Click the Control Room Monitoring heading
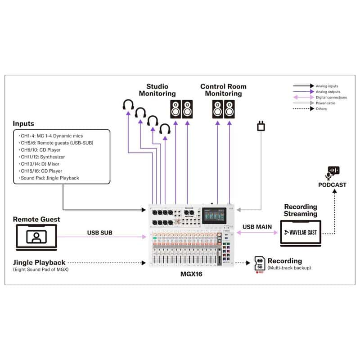[224, 90]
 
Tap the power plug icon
[261, 126]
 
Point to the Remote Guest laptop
[37, 237]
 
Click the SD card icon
[259, 264]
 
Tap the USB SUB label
[100, 233]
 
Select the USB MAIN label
[257, 227]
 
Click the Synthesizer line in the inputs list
[42, 157]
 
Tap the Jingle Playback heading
[39, 261]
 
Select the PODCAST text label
[333, 184]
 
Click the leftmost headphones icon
[128, 106]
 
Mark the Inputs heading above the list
[23, 123]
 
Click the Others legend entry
[322, 109]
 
